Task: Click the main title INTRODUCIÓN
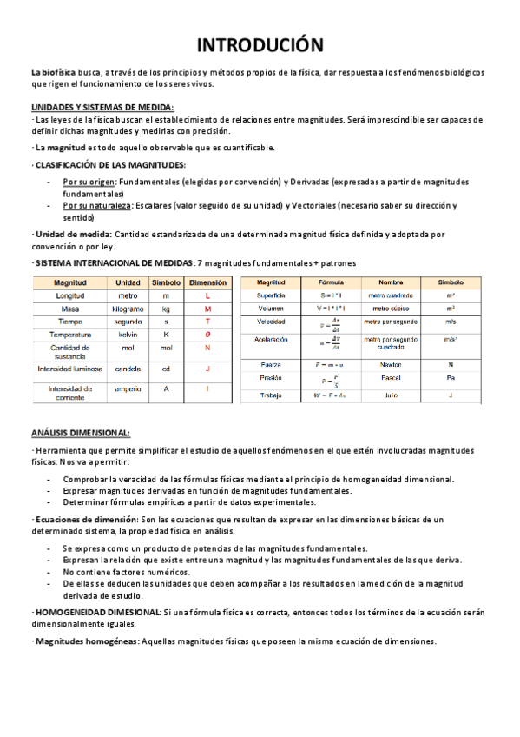point(260,44)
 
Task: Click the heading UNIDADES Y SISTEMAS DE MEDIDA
point(102,106)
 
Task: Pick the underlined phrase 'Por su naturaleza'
point(97,206)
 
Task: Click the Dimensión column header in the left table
point(207,282)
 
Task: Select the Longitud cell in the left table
point(69,295)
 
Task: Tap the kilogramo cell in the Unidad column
point(128,309)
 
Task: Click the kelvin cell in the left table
point(128,335)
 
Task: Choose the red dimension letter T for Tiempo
point(207,322)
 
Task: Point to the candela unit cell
point(128,368)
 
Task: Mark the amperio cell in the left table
point(128,388)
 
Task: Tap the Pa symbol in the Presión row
point(451,379)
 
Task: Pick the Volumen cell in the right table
point(270,308)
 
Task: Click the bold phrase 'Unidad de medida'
point(73,235)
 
